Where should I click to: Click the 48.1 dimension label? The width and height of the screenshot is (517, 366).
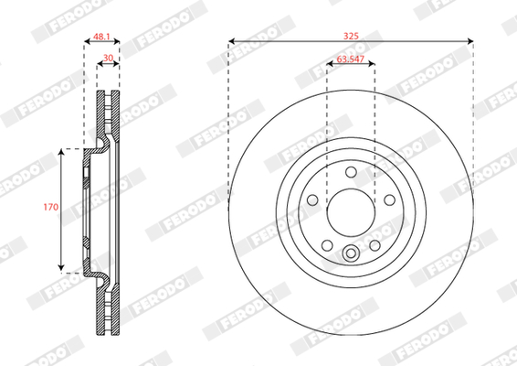tap(101, 37)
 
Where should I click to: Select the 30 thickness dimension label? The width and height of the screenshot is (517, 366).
tap(108, 58)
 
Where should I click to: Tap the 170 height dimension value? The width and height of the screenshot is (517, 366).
tap(51, 207)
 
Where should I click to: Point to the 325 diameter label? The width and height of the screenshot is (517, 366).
tap(351, 36)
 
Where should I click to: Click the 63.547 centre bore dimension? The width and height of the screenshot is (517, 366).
tap(351, 59)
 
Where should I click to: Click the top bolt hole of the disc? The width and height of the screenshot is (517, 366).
tap(351, 172)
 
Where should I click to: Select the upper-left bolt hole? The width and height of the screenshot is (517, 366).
tap(312, 199)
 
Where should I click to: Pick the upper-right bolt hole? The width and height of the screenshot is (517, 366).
tap(389, 199)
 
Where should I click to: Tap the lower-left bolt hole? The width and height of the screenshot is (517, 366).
tap(327, 245)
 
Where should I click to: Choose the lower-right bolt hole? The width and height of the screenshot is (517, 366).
tap(375, 245)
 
